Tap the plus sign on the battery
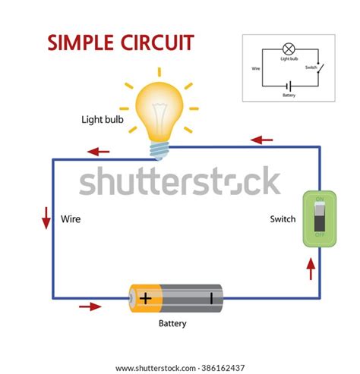[x=146, y=297]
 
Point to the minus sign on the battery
[x=211, y=297]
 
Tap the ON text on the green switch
[x=320, y=200]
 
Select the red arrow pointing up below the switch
[x=311, y=268]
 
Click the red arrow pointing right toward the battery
[x=90, y=306]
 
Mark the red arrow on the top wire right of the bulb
[x=262, y=140]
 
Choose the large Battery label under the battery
[x=172, y=324]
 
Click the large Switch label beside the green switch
[x=283, y=220]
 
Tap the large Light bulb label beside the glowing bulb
[x=103, y=120]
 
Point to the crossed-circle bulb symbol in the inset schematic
[x=288, y=47]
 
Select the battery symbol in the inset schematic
[x=289, y=86]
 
